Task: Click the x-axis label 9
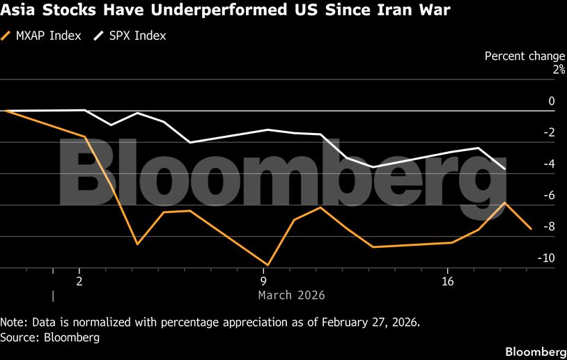(x=264, y=281)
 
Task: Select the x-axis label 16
(x=448, y=281)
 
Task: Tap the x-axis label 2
(x=79, y=281)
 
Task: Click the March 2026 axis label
(x=291, y=295)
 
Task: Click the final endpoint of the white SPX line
(x=504, y=169)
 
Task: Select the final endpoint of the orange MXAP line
(x=531, y=228)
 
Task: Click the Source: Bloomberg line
(x=50, y=338)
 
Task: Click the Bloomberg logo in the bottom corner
(x=534, y=350)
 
